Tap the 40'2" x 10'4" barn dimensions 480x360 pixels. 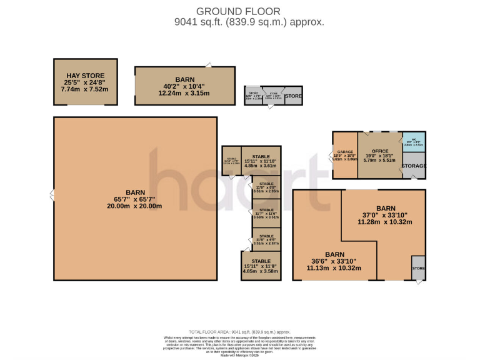coord(184,86)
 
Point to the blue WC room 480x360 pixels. coord(414,142)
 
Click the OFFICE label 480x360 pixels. coord(380,152)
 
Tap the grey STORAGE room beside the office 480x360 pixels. coord(414,166)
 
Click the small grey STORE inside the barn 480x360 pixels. coord(418,268)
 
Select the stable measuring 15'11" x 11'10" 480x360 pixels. coord(261,161)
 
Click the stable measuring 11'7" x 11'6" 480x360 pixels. coord(266,214)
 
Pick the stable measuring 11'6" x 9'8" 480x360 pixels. coord(266,187)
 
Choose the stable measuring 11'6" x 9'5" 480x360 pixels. coord(266,239)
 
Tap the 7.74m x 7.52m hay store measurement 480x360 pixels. coord(84,89)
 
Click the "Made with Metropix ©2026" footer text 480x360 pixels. coord(239,356)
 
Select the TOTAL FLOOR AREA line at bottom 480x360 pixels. coord(239,332)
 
